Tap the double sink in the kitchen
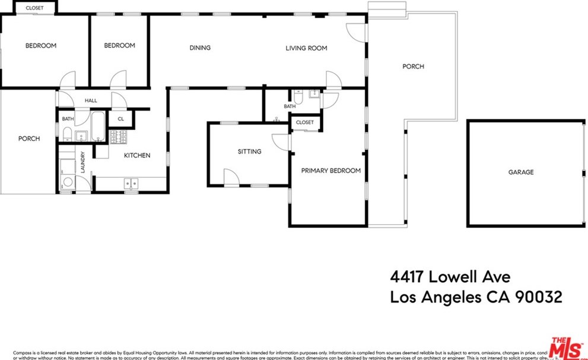[x=131, y=183]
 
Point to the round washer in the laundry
[x=68, y=183]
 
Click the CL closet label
[x=121, y=119]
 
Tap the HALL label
[x=91, y=101]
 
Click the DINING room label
[x=200, y=48]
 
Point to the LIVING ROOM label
[x=306, y=48]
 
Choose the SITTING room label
[x=249, y=151]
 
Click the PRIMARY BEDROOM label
[x=330, y=171]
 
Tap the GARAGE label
[x=520, y=172]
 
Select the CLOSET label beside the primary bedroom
[x=304, y=122]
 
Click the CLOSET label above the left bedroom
[x=34, y=8]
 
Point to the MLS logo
[x=566, y=347]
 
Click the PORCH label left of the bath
[x=28, y=139]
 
